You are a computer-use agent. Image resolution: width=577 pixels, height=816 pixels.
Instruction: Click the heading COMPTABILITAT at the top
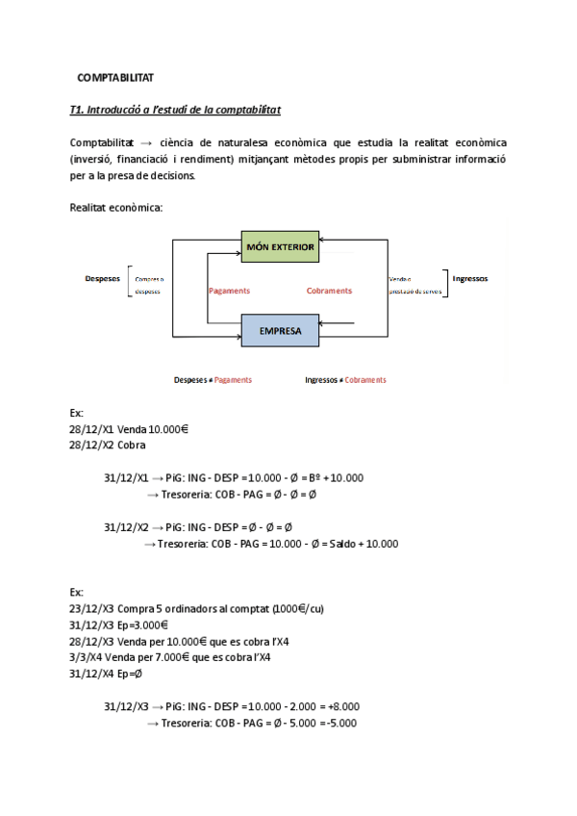(115, 77)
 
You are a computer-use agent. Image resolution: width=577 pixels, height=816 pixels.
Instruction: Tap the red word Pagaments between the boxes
(229, 291)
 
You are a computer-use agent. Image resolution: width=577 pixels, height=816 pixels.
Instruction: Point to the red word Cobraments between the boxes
(329, 291)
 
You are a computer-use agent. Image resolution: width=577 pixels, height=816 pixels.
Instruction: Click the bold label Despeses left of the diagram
(102, 278)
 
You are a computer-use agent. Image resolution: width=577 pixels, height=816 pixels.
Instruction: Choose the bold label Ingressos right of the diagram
(469, 278)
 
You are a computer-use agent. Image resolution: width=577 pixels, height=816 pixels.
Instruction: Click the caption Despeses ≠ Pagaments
(213, 380)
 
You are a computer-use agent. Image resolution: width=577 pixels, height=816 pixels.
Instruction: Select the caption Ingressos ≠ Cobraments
(345, 380)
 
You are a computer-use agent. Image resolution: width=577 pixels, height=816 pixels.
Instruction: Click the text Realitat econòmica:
(116, 207)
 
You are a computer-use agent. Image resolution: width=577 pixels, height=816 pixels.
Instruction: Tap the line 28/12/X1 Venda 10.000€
(128, 429)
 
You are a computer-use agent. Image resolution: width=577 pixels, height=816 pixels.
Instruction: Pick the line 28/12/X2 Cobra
(108, 446)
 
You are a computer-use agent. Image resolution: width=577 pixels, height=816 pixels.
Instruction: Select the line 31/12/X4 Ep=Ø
(106, 674)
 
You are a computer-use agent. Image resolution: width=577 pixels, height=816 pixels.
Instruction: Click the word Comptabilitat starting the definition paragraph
(102, 142)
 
